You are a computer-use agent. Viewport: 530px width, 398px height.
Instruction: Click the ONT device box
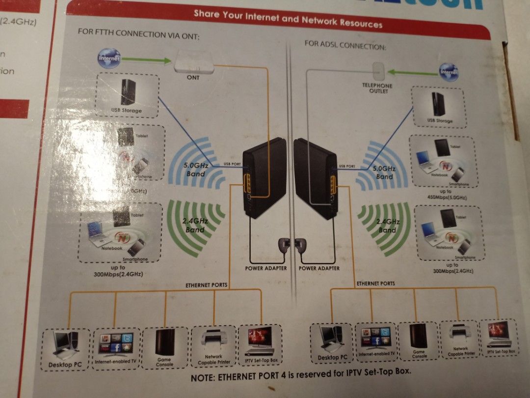point(193,63)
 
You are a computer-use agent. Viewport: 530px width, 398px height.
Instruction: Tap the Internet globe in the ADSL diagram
point(449,72)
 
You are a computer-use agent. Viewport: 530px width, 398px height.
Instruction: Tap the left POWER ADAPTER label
point(265,268)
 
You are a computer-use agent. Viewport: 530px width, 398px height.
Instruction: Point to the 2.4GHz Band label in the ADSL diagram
point(387,226)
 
